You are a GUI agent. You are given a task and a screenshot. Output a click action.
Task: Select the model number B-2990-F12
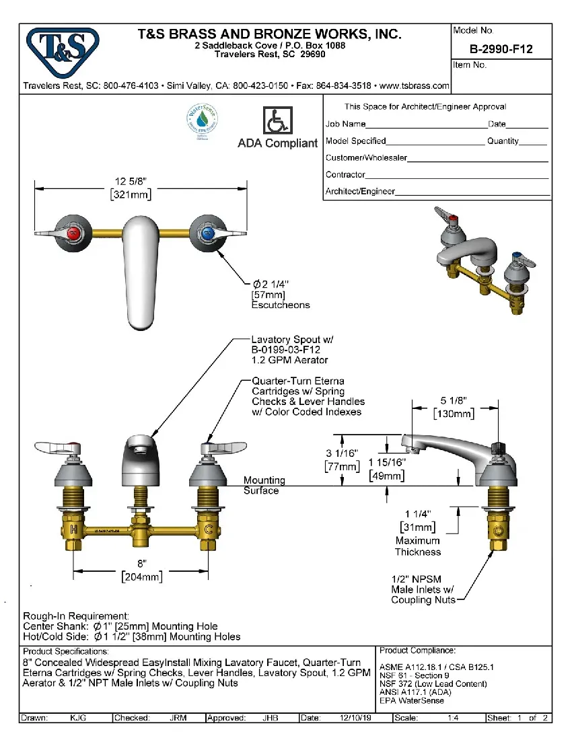click(501, 48)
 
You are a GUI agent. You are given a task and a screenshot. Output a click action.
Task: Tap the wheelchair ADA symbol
click(277, 121)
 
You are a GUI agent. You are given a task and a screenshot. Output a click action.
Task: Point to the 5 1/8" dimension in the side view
click(454, 408)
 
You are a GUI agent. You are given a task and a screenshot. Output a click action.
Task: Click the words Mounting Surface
click(264, 485)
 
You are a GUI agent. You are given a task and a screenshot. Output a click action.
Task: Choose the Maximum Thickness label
click(418, 546)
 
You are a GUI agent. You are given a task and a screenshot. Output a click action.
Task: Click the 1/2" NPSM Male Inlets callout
click(423, 589)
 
